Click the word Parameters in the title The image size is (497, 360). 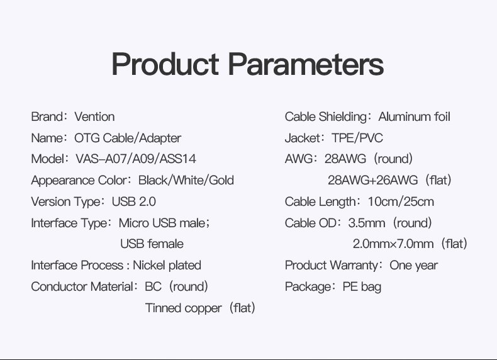pos(306,64)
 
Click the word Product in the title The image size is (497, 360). pos(165,64)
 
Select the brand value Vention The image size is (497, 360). pos(94,116)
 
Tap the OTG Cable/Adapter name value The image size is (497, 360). pos(128,138)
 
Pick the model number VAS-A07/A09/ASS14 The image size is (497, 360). pos(136,159)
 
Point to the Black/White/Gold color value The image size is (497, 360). pos(186,180)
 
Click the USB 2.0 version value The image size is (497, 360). pos(134,202)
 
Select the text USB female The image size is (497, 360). pos(152,244)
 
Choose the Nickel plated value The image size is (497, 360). pos(167,265)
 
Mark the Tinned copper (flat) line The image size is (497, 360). pos(200,308)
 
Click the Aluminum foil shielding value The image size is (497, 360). pos(415,116)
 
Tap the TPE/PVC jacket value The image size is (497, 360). pos(357,138)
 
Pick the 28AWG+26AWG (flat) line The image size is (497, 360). pos(389,180)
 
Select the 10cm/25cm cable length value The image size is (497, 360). pos(401,202)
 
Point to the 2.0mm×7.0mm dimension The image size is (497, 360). pos(393,244)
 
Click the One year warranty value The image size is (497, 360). pos(413,266)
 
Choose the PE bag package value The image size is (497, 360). pos(362,287)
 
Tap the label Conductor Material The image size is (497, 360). pos(82,287)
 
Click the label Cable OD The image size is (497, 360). pos(310,223)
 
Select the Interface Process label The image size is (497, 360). pos(77,265)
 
